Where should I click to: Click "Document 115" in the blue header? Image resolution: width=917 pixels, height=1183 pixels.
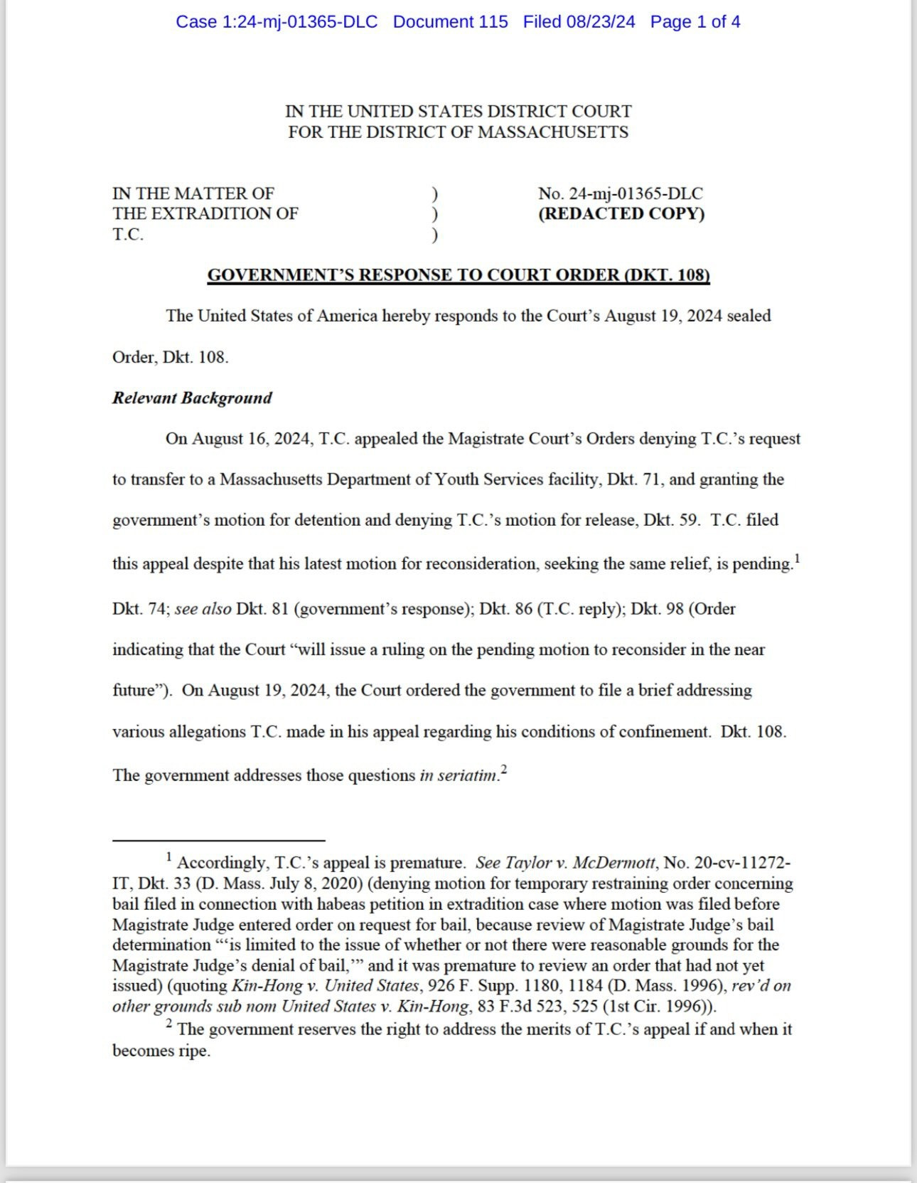click(450, 22)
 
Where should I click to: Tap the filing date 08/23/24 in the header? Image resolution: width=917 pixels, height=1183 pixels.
click(601, 22)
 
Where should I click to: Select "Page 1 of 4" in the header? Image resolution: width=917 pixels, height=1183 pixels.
click(695, 22)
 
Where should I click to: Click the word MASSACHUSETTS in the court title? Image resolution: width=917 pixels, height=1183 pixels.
click(553, 132)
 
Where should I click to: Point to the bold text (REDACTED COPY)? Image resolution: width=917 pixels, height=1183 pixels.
click(621, 213)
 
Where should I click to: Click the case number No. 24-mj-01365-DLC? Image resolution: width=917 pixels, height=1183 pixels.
click(620, 193)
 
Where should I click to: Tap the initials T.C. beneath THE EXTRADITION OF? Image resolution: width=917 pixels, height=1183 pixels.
click(128, 235)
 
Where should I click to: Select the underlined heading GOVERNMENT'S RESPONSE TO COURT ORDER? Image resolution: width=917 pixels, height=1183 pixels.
click(458, 275)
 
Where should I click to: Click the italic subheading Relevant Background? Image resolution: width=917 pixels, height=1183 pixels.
click(192, 398)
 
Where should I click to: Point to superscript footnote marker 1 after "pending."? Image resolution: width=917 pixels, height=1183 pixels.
click(798, 558)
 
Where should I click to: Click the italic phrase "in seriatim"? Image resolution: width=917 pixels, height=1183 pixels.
click(458, 775)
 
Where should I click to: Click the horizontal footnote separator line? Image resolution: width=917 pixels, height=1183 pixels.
click(218, 840)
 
